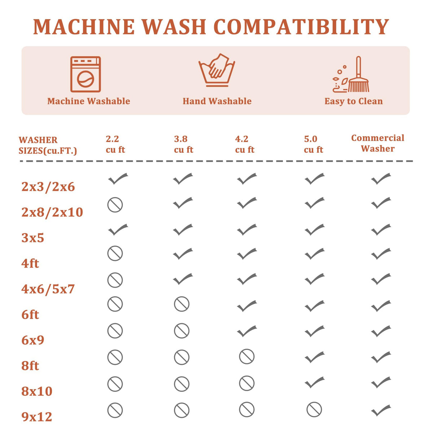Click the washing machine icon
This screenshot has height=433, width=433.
(x=86, y=74)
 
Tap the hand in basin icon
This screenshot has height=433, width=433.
(x=216, y=70)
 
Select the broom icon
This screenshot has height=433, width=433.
(x=351, y=74)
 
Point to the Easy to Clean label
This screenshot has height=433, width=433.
(x=354, y=101)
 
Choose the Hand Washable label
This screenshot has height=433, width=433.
(x=217, y=101)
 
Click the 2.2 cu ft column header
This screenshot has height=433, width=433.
(x=115, y=144)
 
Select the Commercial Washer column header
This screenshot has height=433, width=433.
(x=378, y=143)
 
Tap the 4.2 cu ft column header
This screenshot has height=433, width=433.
(x=245, y=144)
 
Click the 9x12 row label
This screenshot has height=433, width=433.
(x=37, y=417)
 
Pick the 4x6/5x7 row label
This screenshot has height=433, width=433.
(x=48, y=289)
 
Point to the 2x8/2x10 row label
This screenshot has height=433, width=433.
(x=52, y=212)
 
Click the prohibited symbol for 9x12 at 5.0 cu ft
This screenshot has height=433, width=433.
(x=314, y=410)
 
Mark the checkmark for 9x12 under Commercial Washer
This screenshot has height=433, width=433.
(x=381, y=410)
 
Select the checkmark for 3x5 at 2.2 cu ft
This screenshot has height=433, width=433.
(x=118, y=229)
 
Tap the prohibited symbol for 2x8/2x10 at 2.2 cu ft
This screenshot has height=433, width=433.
(x=115, y=205)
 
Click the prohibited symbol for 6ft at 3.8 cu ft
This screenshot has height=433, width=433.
(x=181, y=304)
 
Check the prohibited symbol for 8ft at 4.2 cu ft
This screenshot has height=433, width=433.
(x=247, y=357)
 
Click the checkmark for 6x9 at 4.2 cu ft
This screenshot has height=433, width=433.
(x=247, y=331)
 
